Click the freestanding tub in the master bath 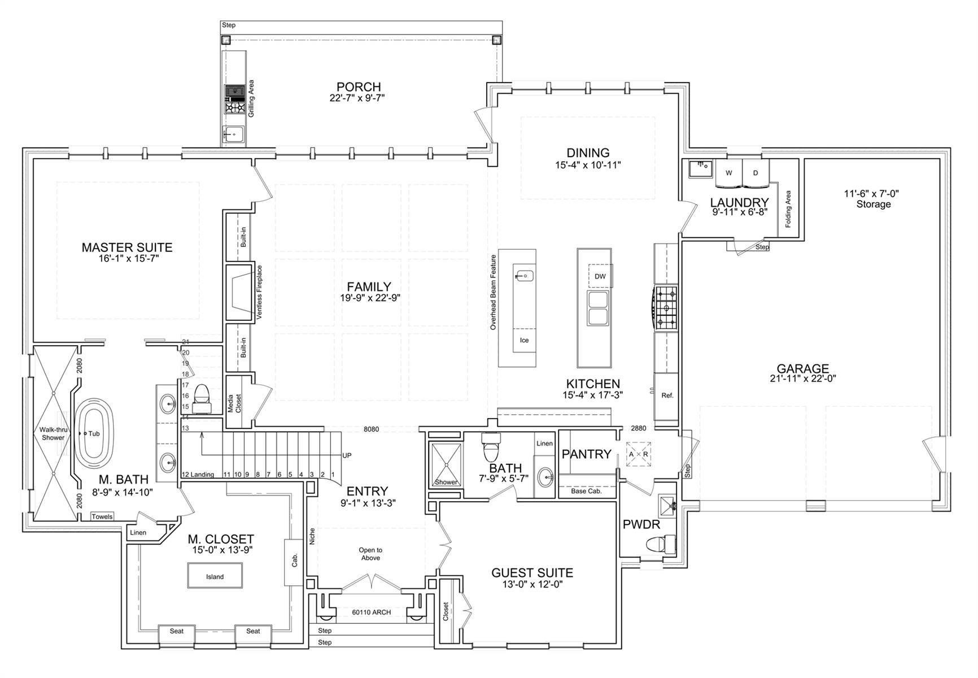(x=94, y=433)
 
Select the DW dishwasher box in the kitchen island (x=600, y=276)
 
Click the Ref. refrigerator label (x=667, y=395)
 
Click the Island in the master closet (x=215, y=576)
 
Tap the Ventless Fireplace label (x=260, y=293)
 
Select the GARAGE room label (x=802, y=369)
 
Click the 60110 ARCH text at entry (x=371, y=612)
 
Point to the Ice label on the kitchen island (x=524, y=340)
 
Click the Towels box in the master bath (x=102, y=516)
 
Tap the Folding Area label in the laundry (x=788, y=209)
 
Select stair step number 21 (x=186, y=342)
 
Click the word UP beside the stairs (x=347, y=455)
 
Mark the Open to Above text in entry (x=370, y=554)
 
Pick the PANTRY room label (x=586, y=454)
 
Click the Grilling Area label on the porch (x=251, y=98)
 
